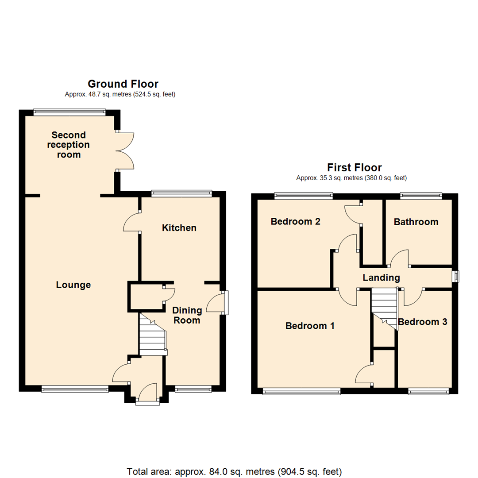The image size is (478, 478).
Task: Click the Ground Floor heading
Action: [123, 84]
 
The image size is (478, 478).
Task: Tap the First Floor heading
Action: [354, 167]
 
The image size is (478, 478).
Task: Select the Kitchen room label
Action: [179, 228]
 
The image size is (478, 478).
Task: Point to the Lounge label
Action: [73, 285]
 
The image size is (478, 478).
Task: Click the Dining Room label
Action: [186, 315]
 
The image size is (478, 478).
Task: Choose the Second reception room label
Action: [69, 145]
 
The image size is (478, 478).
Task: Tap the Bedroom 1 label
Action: [310, 326]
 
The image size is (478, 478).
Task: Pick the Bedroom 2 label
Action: [296, 221]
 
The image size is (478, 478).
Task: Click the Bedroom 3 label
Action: [423, 322]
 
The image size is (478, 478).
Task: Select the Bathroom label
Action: [416, 222]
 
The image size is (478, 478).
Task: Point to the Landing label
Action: [381, 278]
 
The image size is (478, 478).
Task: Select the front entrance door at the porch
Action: [147, 393]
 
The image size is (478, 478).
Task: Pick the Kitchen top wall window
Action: [181, 193]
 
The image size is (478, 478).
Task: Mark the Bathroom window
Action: [421, 194]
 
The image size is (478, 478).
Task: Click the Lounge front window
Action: [75, 389]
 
